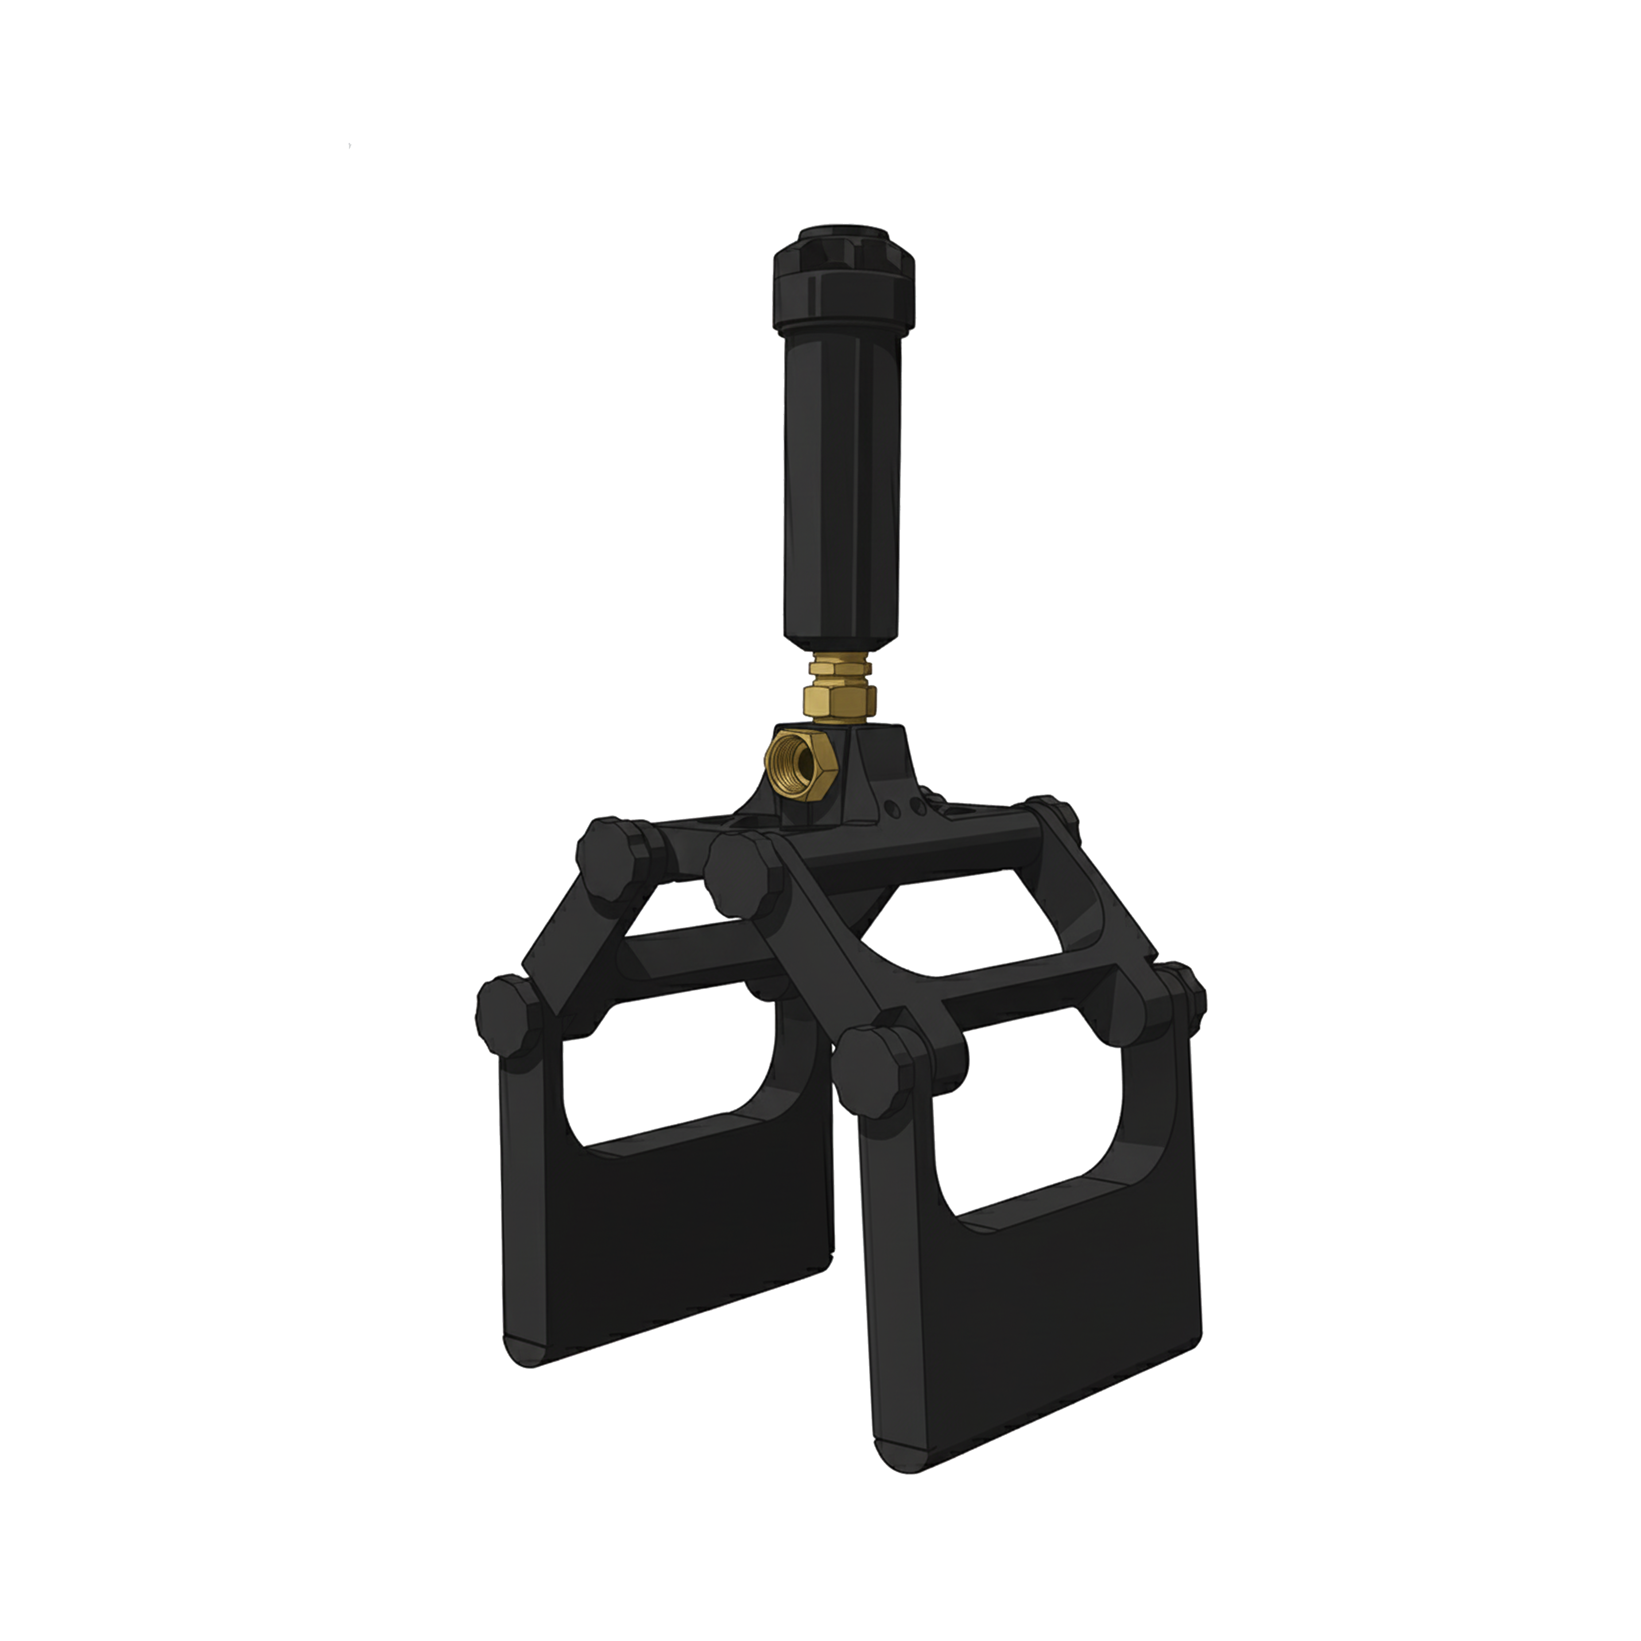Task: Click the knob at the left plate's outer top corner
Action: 507,1015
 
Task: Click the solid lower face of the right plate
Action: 1036,1325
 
